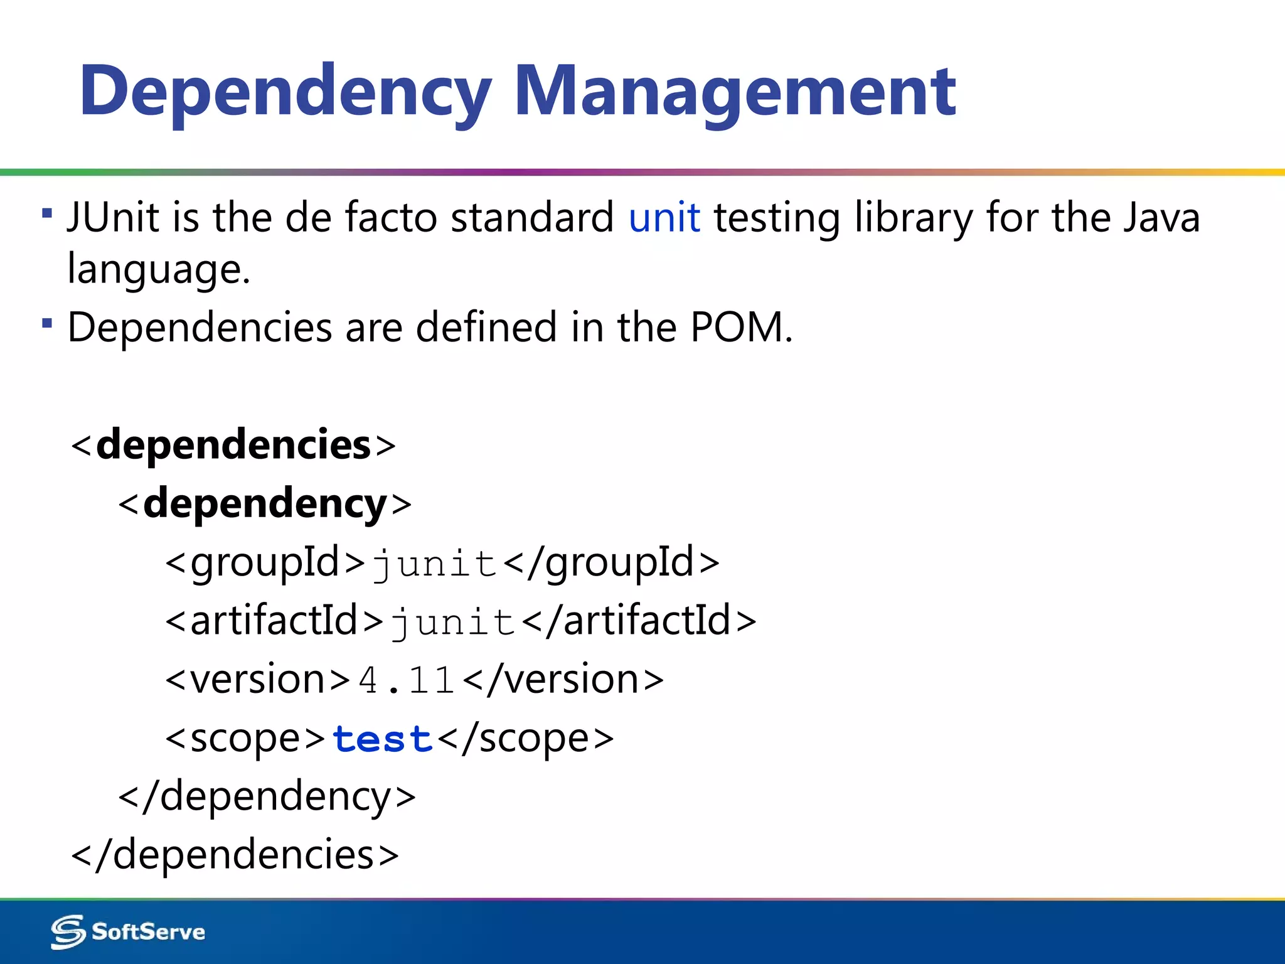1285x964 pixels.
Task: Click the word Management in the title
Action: (735, 92)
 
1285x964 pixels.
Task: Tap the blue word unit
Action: (664, 218)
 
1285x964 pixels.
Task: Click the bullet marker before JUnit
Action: (47, 213)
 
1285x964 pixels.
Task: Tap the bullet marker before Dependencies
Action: (47, 323)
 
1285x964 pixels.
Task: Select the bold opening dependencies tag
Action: (233, 445)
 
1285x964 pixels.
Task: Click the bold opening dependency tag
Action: (265, 503)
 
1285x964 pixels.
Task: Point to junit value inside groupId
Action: (434, 563)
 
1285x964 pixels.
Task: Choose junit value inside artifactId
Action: (452, 621)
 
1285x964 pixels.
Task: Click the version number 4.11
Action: (407, 680)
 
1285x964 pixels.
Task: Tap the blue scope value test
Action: (382, 739)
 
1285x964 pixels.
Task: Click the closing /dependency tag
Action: (267, 797)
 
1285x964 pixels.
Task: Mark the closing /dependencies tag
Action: (235, 855)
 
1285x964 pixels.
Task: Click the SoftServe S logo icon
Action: (68, 932)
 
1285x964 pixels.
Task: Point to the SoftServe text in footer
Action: (148, 932)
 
